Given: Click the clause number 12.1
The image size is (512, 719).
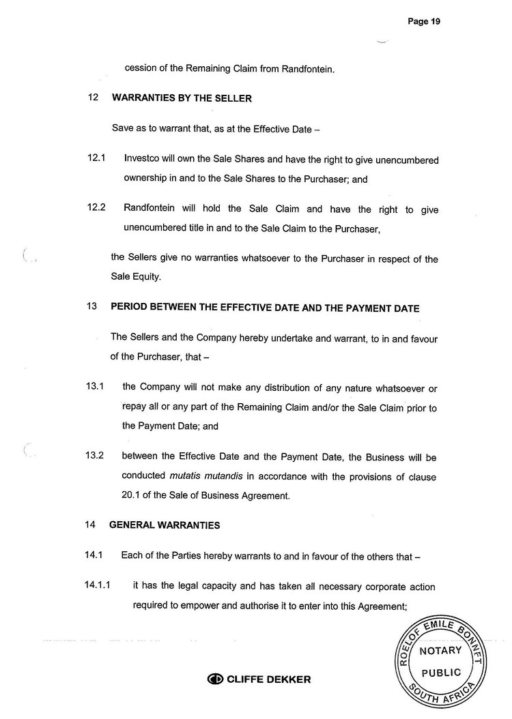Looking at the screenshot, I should pos(96,159).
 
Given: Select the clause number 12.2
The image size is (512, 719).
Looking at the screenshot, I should pos(96,209).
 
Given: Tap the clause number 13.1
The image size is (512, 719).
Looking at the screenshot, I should pos(95,387).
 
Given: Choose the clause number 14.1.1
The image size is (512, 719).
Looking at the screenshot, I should pos(98,586).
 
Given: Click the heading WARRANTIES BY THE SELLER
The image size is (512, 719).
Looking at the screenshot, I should pos(182,98).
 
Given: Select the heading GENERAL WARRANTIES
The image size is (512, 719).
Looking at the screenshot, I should pos(165,525).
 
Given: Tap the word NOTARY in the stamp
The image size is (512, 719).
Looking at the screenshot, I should pos(440,650).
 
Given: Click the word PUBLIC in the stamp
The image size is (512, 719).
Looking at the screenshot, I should pos(441,673).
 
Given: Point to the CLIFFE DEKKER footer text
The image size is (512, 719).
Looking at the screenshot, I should pos(268,679).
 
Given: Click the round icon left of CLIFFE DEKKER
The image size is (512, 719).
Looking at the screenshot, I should pos(215,679).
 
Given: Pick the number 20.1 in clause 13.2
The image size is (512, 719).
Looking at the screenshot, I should pos(133,496).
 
